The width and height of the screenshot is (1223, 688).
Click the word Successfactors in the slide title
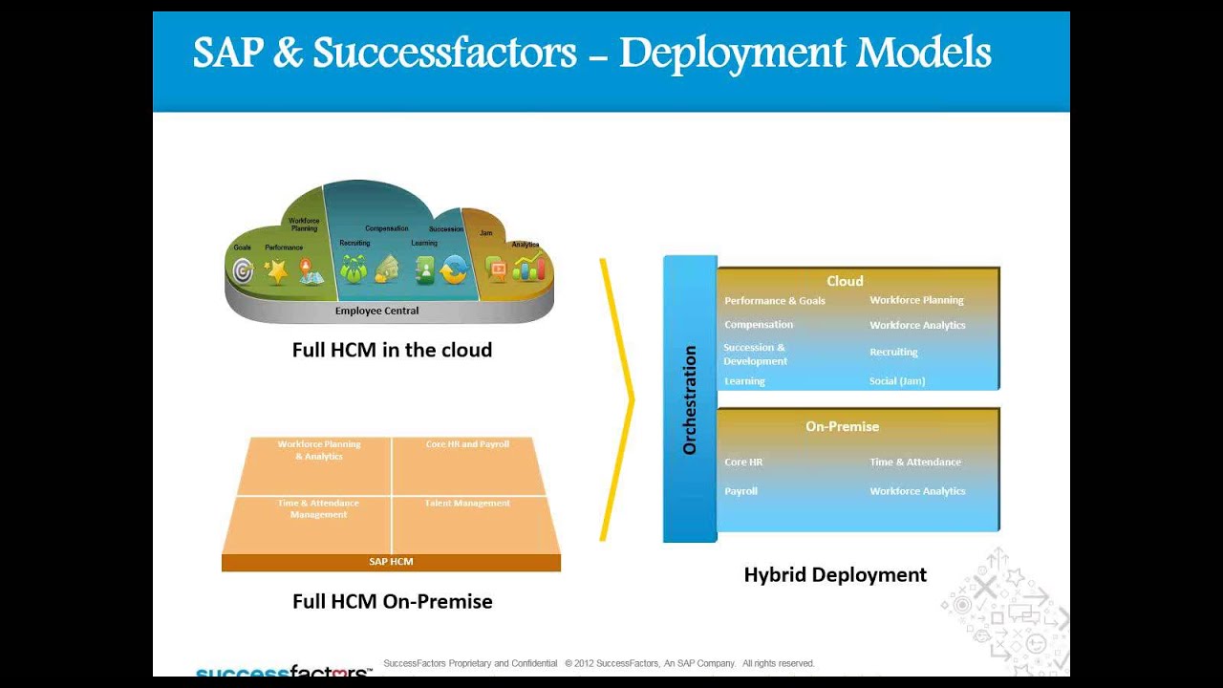(x=444, y=54)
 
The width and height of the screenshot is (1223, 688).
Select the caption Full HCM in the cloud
(x=392, y=350)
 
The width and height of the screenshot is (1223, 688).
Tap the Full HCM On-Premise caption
(x=392, y=601)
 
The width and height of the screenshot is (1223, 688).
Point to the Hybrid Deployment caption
(x=835, y=574)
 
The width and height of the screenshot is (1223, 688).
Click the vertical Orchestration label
(x=690, y=399)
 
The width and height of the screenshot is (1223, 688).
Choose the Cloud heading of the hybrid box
(x=845, y=281)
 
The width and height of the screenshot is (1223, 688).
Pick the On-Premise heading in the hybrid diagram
(x=842, y=426)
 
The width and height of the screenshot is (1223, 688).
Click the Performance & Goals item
(x=774, y=301)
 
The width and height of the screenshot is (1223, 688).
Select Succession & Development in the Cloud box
(x=755, y=355)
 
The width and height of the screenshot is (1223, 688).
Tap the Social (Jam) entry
(x=896, y=381)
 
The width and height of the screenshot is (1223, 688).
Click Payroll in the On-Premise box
(x=740, y=491)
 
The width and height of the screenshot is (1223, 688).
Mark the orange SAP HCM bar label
(x=391, y=562)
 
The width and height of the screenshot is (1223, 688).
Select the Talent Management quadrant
(x=467, y=504)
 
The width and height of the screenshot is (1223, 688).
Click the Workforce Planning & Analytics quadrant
(x=319, y=450)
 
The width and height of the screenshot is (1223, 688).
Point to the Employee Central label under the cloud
(x=376, y=311)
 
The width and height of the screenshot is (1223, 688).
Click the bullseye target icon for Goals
(x=244, y=272)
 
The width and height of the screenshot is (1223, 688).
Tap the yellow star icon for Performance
(x=276, y=272)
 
